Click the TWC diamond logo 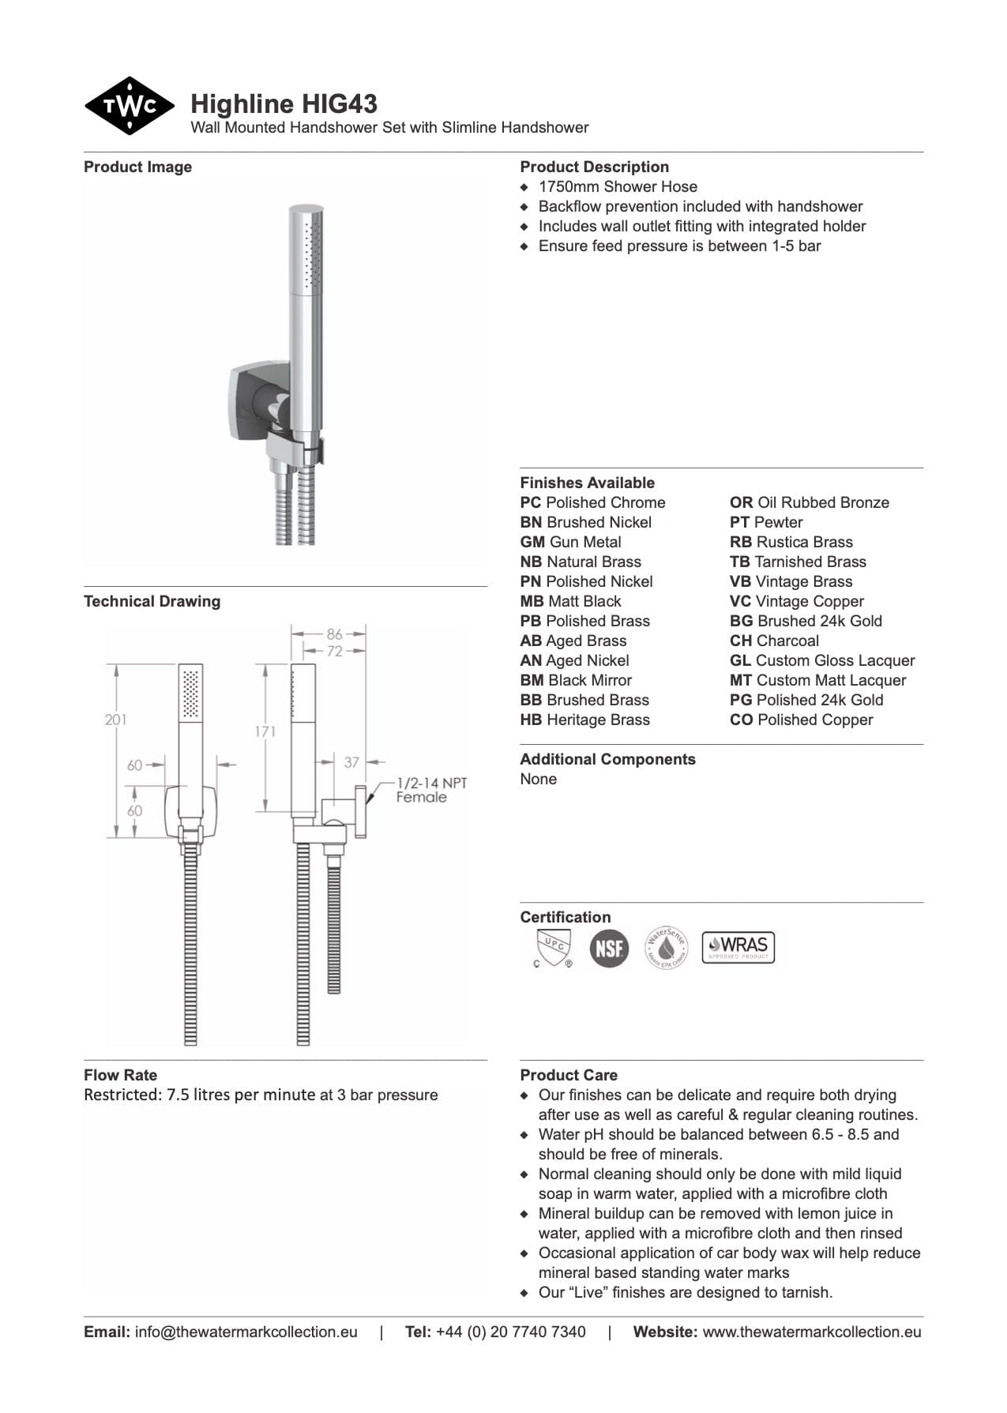tap(130, 106)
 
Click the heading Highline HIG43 tap(284, 104)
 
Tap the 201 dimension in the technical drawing tap(115, 720)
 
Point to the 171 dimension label tap(265, 731)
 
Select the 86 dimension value tap(335, 633)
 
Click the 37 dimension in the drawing tap(351, 762)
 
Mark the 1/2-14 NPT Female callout tap(430, 790)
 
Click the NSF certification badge tap(609, 947)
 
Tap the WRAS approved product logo tap(738, 946)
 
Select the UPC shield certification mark tap(553, 947)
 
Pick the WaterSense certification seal tap(666, 947)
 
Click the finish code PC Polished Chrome tap(592, 502)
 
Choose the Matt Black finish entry tap(570, 601)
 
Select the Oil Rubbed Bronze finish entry tap(809, 502)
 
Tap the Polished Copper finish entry tap(801, 720)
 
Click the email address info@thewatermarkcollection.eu tap(246, 1332)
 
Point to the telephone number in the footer tap(510, 1332)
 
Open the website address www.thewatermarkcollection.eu tap(811, 1332)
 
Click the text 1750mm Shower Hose tap(618, 186)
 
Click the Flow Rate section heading tap(120, 1075)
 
